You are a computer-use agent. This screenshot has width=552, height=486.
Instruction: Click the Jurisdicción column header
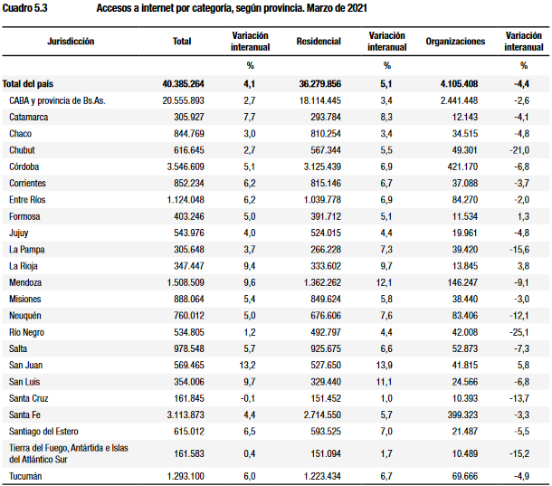(71, 42)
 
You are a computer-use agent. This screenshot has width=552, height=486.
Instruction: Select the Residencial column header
(319, 42)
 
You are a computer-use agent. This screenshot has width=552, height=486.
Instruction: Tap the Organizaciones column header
(455, 42)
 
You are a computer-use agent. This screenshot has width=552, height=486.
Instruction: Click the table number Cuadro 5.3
(24, 8)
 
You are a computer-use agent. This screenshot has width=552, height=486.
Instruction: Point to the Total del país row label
(28, 84)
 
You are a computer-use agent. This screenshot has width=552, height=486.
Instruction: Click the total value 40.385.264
(183, 84)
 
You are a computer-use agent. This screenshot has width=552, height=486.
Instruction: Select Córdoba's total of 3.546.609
(186, 167)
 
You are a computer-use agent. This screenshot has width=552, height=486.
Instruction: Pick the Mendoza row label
(25, 282)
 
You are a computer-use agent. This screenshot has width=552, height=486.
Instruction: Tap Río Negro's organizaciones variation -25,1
(519, 332)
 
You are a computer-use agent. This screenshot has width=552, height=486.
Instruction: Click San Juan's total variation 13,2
(247, 366)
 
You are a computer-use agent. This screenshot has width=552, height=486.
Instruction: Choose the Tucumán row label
(25, 476)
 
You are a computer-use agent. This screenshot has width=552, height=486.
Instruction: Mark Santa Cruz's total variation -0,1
(248, 398)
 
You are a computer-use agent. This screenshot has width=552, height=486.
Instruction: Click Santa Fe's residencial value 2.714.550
(322, 415)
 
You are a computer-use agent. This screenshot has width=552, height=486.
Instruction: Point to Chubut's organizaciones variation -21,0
(519, 150)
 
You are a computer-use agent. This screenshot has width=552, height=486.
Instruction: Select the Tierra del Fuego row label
(69, 453)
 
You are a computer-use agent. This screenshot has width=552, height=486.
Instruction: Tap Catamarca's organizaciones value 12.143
(465, 117)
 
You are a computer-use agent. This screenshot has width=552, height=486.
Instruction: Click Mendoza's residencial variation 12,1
(384, 282)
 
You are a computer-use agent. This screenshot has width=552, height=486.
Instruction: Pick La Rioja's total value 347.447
(189, 266)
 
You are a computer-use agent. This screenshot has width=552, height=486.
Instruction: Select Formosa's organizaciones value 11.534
(465, 216)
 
